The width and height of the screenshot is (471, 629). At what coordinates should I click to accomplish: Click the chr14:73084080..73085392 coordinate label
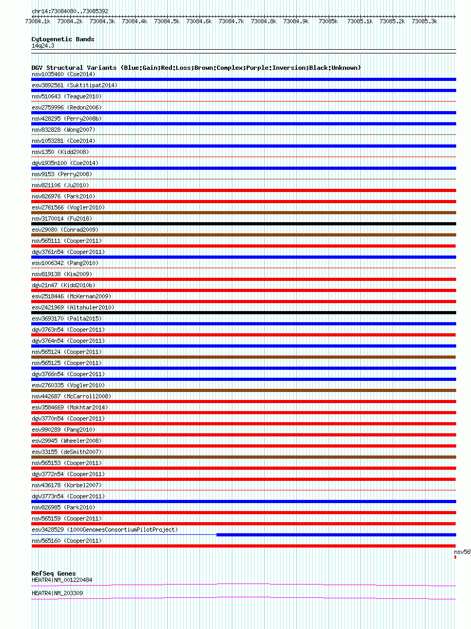point(70,11)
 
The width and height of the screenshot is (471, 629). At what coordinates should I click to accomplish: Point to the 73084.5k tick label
point(167,22)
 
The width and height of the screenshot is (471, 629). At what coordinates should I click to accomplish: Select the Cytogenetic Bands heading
point(62,39)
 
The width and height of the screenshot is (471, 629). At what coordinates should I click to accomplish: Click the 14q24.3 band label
point(43,45)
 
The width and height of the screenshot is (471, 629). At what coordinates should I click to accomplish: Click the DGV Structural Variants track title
point(196,68)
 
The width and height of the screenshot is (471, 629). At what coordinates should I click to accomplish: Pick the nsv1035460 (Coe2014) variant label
point(63,74)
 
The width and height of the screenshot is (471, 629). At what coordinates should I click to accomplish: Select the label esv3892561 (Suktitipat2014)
point(74,85)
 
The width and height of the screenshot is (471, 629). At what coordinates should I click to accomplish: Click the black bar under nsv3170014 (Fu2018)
point(243,224)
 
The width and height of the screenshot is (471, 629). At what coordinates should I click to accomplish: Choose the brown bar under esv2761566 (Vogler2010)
point(243,213)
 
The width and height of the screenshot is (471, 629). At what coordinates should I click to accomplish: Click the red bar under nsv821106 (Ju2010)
point(243,190)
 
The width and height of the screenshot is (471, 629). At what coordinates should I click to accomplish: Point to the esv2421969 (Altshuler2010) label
point(73,307)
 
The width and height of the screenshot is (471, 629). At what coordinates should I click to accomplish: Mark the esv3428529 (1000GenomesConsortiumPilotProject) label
point(104,530)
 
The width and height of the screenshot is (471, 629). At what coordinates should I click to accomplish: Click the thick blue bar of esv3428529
point(336,535)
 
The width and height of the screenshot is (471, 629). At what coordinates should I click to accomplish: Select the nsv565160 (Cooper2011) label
point(67,541)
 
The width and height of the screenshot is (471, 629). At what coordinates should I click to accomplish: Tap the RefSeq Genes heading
point(53,573)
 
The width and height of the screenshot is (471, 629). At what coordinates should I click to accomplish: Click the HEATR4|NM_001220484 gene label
point(61,580)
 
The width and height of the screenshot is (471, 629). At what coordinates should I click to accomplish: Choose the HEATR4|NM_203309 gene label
point(57,593)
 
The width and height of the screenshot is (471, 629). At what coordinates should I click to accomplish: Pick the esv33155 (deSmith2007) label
point(67,452)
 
